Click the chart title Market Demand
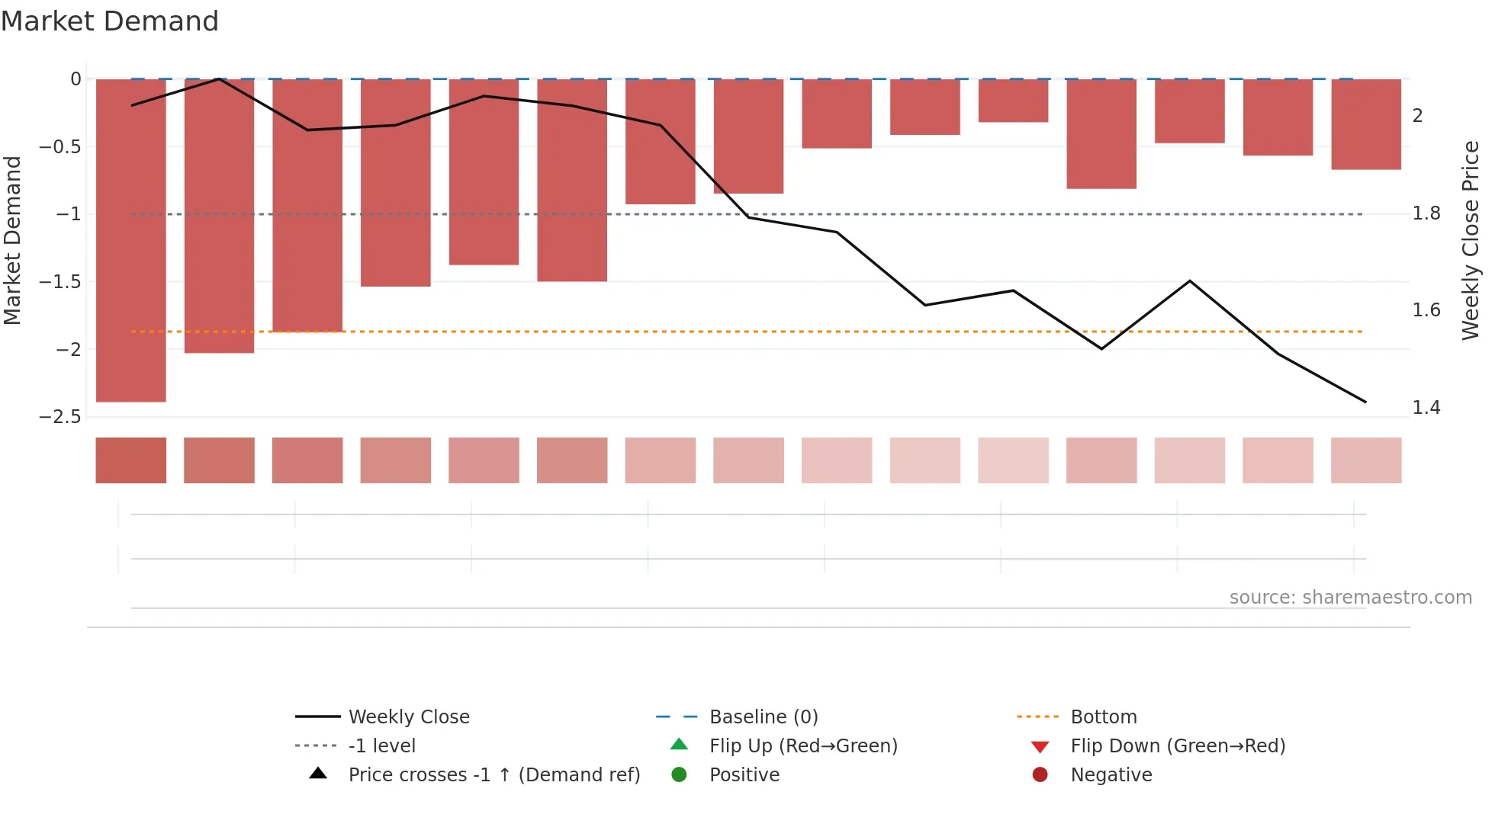click(110, 21)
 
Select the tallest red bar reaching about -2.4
click(131, 240)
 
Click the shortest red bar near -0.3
click(1013, 101)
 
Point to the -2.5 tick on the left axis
click(60, 417)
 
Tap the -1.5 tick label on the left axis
click(60, 282)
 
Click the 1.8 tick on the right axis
click(1426, 213)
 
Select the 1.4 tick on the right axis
click(1426, 408)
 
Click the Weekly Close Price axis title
click(1471, 240)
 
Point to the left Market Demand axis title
click(13, 240)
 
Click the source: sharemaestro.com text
click(1350, 598)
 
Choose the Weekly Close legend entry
click(409, 717)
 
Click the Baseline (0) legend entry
click(764, 717)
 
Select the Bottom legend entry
click(1103, 717)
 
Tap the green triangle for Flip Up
click(679, 745)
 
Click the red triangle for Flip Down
click(1040, 747)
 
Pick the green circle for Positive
click(679, 775)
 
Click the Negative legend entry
click(1111, 775)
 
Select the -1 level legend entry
click(381, 746)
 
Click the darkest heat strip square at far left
click(131, 460)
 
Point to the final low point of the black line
click(1365, 402)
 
